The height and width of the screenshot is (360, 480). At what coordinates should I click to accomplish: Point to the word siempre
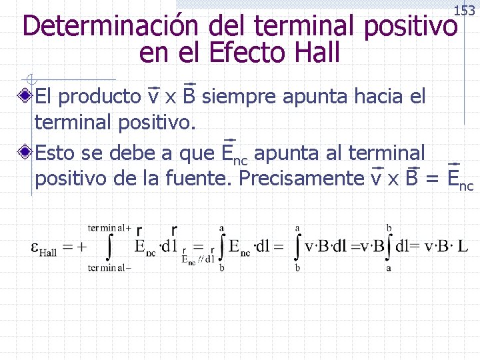pyautogui.click(x=239, y=97)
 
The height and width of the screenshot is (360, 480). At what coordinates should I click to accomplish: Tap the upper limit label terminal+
pyautogui.click(x=109, y=227)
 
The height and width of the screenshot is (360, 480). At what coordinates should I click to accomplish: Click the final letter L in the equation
pyautogui.click(x=463, y=247)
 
